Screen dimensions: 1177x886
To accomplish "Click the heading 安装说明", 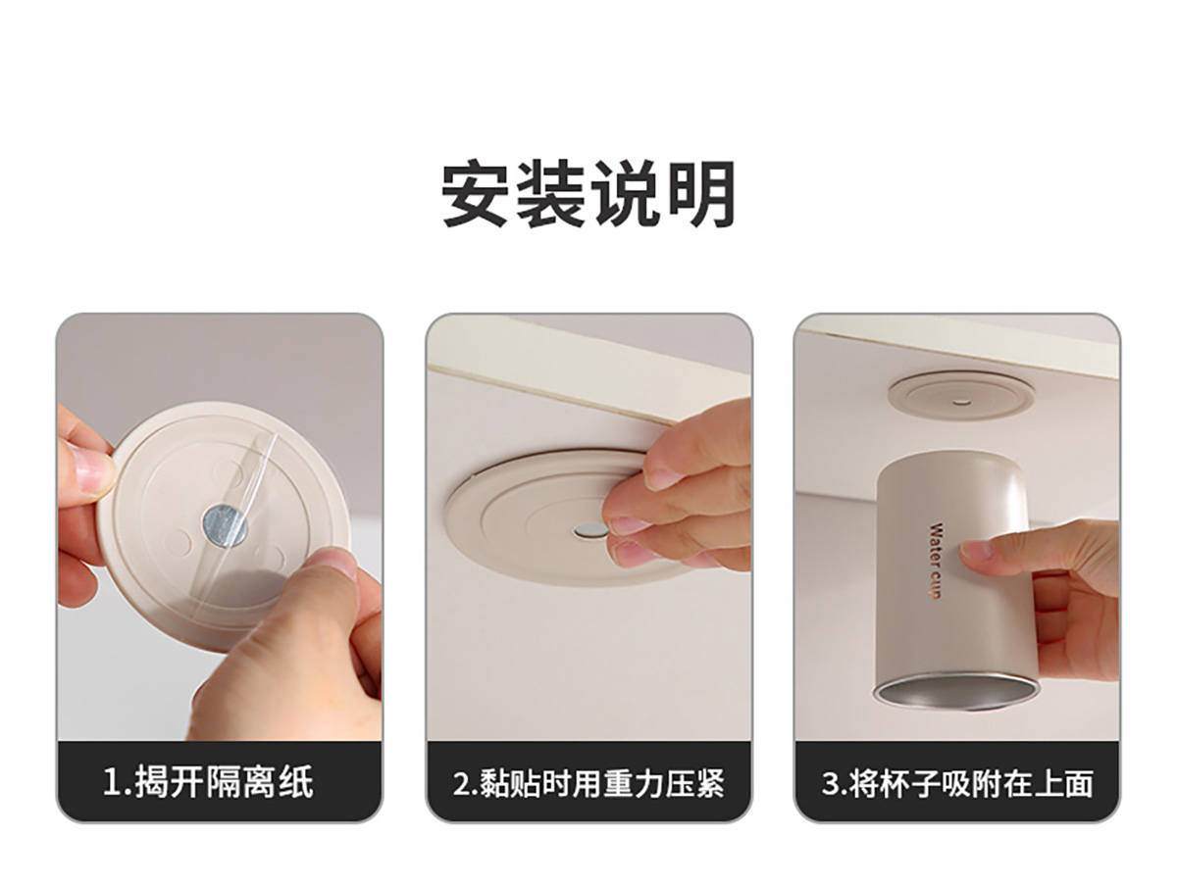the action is point(588,193).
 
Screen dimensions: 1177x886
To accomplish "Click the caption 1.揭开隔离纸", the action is point(209,783).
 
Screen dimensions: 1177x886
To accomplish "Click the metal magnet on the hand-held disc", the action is point(226,525).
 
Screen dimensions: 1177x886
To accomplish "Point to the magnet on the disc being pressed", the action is point(590,531).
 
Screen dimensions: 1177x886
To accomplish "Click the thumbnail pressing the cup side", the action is point(973,549).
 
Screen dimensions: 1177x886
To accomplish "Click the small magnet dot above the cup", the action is point(961,400).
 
